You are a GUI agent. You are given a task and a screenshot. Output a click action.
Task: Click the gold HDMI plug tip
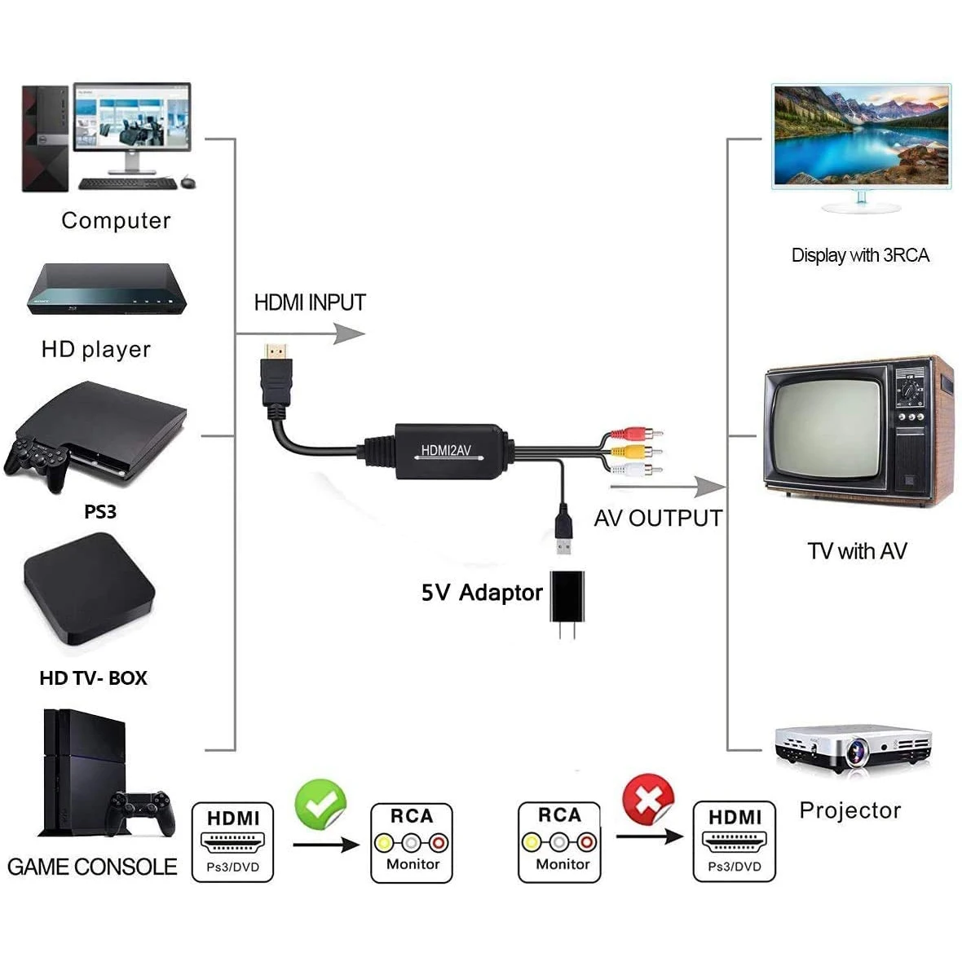point(277,353)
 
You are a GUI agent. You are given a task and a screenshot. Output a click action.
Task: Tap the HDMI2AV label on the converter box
point(446,450)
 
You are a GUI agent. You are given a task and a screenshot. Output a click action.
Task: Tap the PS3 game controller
point(37,461)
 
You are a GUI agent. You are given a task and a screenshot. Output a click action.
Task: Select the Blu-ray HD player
point(107,290)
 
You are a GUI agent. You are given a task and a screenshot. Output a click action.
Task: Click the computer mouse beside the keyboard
point(188,182)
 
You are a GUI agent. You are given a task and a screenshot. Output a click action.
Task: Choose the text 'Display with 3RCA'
point(860,255)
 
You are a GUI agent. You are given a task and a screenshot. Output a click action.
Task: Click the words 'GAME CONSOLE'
point(92,867)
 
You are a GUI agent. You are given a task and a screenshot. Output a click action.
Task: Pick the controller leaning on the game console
point(143,809)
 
